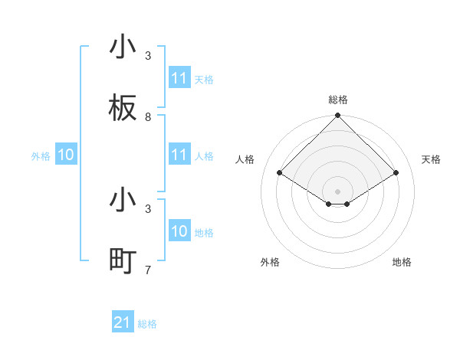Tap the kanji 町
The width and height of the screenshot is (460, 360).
[123, 260]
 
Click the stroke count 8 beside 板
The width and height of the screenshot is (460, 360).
[148, 117]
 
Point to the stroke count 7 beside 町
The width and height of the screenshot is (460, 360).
[148, 270]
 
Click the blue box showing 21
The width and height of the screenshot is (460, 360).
[123, 322]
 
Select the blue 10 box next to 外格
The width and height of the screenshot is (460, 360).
[66, 155]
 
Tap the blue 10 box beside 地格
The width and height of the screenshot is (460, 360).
[179, 231]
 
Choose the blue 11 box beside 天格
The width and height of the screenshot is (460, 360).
[179, 78]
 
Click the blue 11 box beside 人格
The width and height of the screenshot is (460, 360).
[179, 155]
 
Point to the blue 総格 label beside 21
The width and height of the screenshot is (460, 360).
[147, 324]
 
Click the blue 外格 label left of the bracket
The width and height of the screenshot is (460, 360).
[41, 155]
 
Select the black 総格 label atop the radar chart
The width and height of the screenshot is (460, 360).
[338, 100]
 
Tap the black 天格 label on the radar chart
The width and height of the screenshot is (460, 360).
[431, 159]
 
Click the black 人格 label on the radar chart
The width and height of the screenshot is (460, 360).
[245, 159]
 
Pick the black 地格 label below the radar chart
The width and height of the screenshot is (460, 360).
[402, 262]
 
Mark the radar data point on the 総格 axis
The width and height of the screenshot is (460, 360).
[338, 116]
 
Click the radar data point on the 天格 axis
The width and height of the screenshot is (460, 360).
[396, 173]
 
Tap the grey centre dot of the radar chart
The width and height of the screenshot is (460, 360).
[338, 191]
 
